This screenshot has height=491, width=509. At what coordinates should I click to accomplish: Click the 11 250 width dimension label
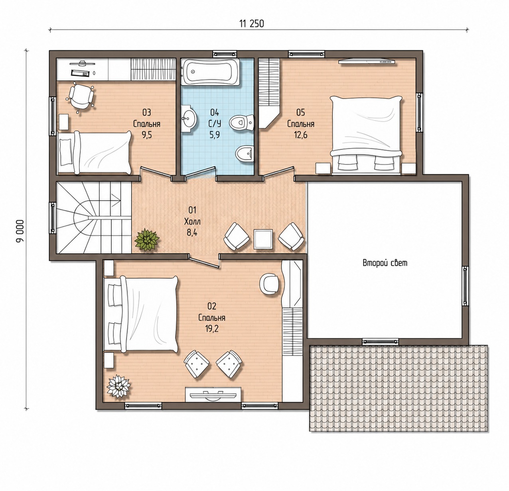point(252,24)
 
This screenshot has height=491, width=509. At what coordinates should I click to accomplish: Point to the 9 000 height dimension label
point(20,231)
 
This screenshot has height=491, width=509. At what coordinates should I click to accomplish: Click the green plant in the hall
point(147,239)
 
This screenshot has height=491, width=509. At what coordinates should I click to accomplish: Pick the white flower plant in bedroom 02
point(118,386)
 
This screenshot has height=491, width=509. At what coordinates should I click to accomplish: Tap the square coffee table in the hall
point(263,239)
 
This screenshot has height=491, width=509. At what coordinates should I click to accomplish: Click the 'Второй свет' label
point(385,263)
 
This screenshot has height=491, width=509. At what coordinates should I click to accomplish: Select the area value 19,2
point(212,329)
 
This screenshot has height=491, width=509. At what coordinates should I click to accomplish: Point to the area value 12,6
point(301,135)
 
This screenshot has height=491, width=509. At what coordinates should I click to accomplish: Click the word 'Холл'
point(192,222)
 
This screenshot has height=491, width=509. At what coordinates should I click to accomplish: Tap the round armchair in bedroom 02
point(269,284)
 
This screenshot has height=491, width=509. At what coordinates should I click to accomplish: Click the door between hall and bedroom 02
point(204,262)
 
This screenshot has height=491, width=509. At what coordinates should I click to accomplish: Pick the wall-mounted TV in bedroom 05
point(366,62)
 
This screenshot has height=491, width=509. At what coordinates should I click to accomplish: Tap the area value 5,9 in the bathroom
point(215,135)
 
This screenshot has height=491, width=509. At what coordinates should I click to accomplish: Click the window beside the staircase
point(53,218)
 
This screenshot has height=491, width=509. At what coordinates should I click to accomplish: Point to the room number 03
point(147,113)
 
